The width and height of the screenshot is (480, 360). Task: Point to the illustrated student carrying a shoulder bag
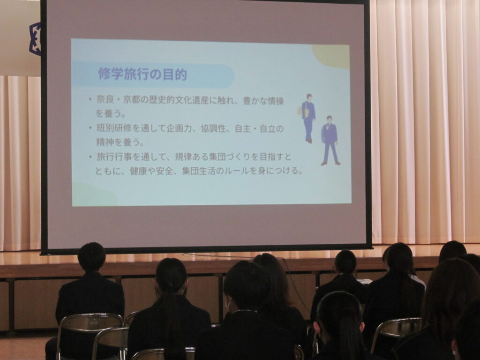pyautogui.click(x=307, y=118)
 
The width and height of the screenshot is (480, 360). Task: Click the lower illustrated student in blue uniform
pyautogui.click(x=330, y=141)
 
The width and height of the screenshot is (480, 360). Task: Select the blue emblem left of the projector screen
pyautogui.click(x=35, y=38)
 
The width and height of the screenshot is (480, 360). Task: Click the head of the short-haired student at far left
pyautogui.click(x=91, y=257)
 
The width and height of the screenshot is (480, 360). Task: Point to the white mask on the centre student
pyautogui.click(x=228, y=304)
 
